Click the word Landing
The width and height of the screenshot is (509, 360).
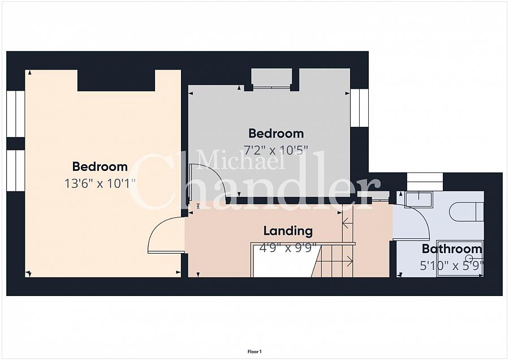(288, 231)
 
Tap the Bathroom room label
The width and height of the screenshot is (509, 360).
(451, 249)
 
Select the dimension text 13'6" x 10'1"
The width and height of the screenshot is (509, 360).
(100, 183)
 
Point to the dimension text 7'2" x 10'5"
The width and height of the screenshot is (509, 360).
(275, 150)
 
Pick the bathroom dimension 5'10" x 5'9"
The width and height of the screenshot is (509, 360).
(451, 266)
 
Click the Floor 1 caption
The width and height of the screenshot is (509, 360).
(255, 352)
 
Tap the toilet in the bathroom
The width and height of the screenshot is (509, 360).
(466, 212)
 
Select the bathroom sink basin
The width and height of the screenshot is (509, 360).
(419, 198)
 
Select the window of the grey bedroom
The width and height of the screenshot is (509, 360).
(359, 107)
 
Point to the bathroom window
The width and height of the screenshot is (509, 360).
(425, 182)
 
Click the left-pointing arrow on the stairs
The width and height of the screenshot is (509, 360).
(348, 223)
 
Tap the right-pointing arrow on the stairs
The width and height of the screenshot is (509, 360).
(348, 260)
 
